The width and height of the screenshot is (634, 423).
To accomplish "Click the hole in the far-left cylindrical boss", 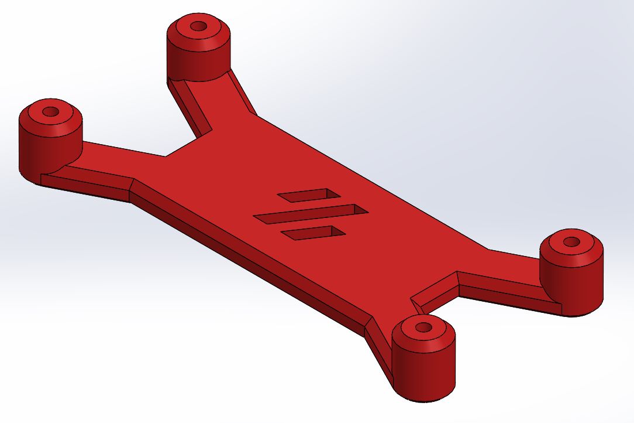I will click(x=51, y=111).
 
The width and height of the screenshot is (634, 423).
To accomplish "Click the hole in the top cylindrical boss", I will click(x=198, y=26).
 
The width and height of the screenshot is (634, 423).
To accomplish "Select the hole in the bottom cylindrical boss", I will click(x=423, y=326).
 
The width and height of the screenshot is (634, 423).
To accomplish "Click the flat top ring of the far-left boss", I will click(x=66, y=115).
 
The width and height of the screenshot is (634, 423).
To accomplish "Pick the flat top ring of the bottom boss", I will click(x=440, y=331).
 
